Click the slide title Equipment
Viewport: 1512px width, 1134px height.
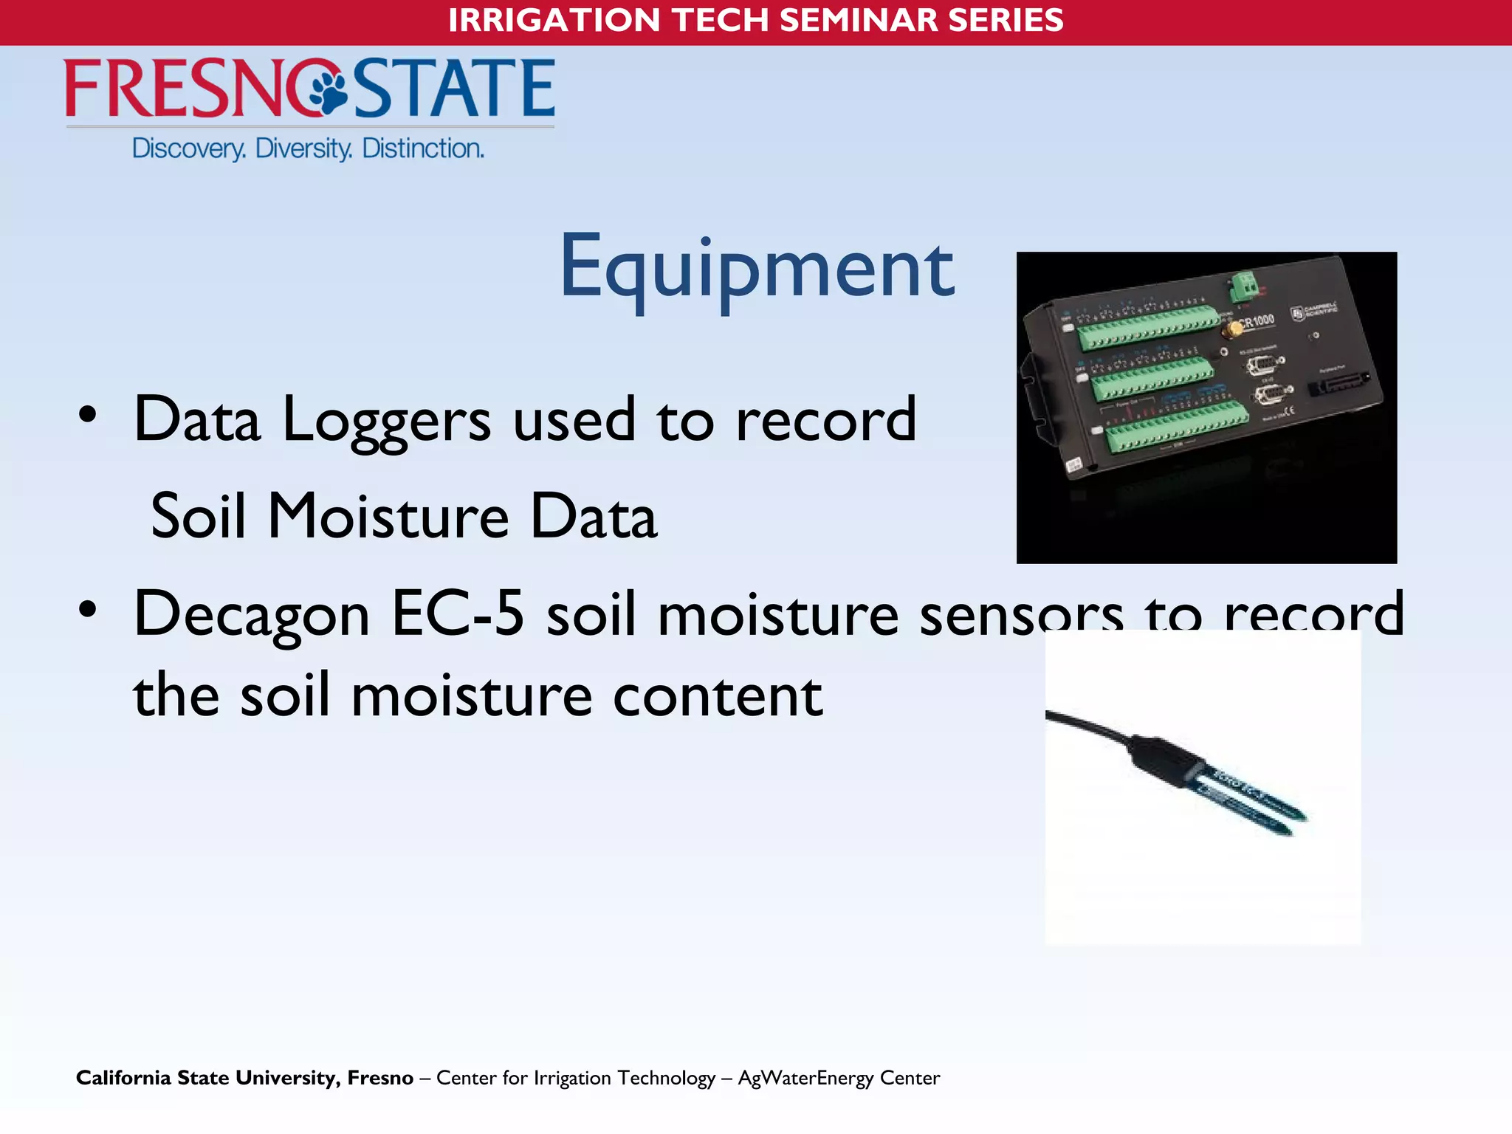tap(757, 267)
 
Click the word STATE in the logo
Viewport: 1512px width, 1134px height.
tap(454, 89)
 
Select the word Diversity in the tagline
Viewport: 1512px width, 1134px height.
tap(303, 148)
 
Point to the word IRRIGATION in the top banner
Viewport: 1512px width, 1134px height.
tap(554, 20)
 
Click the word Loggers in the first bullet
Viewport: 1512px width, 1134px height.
tap(386, 420)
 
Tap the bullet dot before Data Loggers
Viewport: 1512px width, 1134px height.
tap(88, 416)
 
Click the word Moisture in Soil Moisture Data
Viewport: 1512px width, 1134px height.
tap(388, 516)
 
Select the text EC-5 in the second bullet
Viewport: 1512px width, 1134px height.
tap(457, 614)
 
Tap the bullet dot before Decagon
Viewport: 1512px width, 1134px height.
tap(88, 610)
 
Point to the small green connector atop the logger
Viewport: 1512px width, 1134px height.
tap(1243, 285)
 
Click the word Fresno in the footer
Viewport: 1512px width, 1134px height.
tap(380, 1078)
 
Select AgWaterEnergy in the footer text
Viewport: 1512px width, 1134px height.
tap(806, 1078)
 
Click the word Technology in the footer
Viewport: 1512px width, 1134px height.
tap(666, 1078)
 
